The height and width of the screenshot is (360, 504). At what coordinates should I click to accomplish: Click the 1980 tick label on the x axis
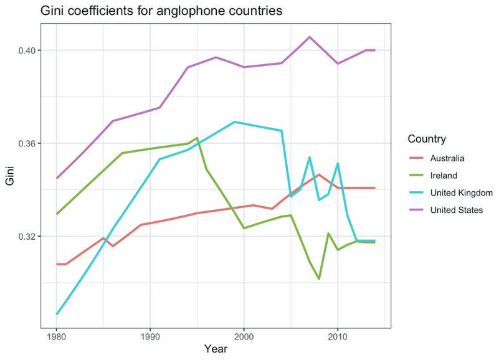(56, 337)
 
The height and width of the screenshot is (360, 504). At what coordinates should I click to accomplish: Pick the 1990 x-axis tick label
(150, 337)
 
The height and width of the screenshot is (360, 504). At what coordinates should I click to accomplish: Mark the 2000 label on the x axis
(244, 337)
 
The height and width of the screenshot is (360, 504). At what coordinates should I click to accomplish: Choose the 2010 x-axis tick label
(338, 337)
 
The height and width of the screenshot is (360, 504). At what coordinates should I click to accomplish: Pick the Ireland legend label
(443, 176)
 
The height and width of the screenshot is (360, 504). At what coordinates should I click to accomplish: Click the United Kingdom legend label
(462, 193)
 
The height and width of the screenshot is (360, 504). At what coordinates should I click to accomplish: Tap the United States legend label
(458, 211)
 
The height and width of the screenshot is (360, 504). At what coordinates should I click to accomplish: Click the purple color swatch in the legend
(416, 211)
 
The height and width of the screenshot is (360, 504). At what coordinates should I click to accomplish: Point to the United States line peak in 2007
(310, 37)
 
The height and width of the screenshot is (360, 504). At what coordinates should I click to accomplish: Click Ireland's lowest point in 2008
(319, 279)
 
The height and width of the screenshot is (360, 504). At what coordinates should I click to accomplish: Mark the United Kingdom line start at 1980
(56, 314)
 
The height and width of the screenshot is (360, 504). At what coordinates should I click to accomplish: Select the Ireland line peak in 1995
(197, 138)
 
